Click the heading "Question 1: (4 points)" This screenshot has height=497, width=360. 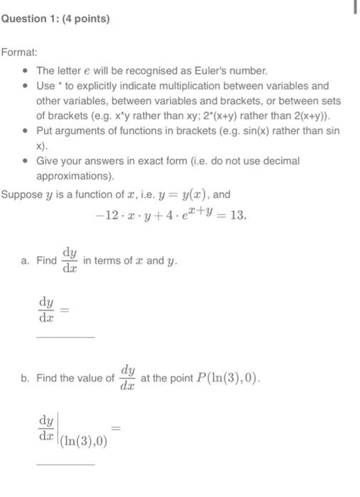coord(55,19)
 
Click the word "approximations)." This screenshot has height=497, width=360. coord(75,176)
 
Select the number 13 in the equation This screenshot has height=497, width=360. coord(239,215)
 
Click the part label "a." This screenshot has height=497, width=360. coord(26,261)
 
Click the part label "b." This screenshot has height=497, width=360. coord(26,378)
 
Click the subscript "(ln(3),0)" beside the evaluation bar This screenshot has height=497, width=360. coord(84,441)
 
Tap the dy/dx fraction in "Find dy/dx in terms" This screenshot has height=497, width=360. coord(70,261)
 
